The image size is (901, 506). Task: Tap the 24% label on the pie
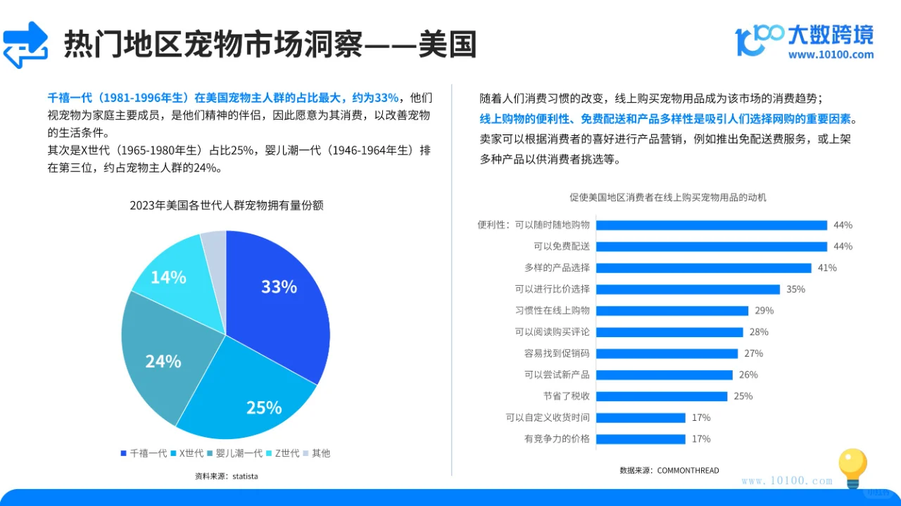(x=163, y=362)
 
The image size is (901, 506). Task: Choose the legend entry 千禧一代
(x=144, y=453)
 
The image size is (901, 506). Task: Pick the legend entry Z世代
(x=282, y=453)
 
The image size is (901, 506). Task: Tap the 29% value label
(x=764, y=310)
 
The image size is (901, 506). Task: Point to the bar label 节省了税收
(x=566, y=396)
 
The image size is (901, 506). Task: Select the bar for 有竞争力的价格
(x=640, y=439)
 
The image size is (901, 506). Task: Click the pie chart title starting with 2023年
(x=226, y=205)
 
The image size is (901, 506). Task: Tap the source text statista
(x=226, y=476)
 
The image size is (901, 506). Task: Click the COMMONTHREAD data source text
(x=669, y=470)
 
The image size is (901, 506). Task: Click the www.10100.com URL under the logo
(x=831, y=55)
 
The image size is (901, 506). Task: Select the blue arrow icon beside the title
(x=26, y=44)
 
